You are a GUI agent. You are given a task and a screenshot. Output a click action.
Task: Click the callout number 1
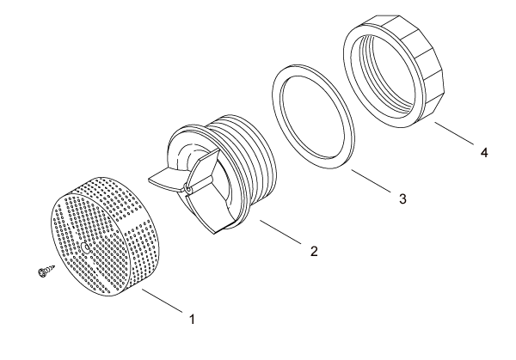[x=192, y=319]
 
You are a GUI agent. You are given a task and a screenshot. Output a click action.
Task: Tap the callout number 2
[x=314, y=251]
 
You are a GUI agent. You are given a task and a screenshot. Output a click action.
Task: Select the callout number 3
[x=402, y=198]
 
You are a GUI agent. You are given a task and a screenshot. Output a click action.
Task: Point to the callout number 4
[x=484, y=153]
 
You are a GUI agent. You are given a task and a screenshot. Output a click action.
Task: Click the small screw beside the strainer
[x=46, y=271]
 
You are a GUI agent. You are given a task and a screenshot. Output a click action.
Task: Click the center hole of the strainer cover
[x=85, y=247]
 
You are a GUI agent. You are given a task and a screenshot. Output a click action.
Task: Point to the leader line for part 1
[x=162, y=300]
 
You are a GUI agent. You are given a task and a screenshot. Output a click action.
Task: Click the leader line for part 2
[x=280, y=232]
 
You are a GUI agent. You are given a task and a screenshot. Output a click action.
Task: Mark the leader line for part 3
[x=372, y=181]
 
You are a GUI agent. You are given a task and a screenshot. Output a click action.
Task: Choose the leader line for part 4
[x=454, y=133]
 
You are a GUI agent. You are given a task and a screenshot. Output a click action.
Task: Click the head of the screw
[x=41, y=272]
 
